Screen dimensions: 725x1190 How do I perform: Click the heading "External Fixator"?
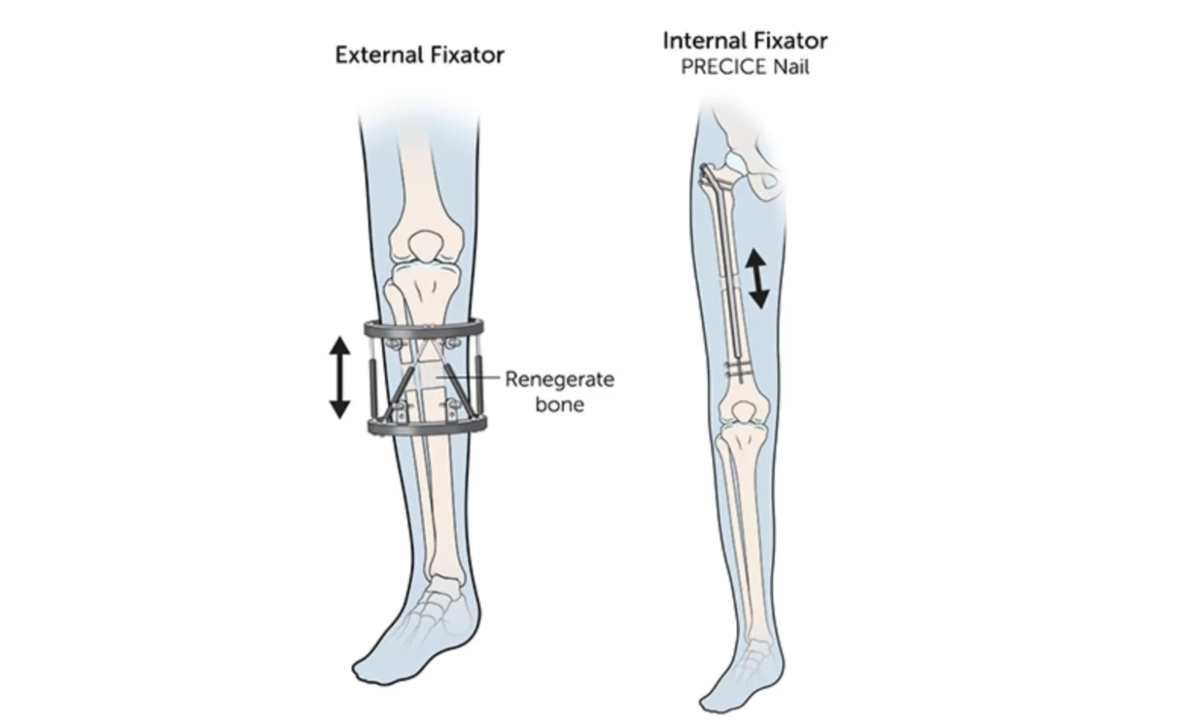click(419, 55)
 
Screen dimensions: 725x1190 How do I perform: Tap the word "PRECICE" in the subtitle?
click(724, 67)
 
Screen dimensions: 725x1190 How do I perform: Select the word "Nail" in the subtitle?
click(791, 67)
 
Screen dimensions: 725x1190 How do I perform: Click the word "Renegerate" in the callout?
click(559, 379)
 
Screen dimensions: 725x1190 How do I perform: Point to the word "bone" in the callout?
click(559, 404)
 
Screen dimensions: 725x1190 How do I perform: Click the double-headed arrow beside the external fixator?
click(339, 377)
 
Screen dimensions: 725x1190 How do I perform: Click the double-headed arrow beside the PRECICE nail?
click(758, 278)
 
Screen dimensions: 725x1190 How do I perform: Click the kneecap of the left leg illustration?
click(426, 247)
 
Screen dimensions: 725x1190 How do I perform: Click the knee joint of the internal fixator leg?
click(742, 416)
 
